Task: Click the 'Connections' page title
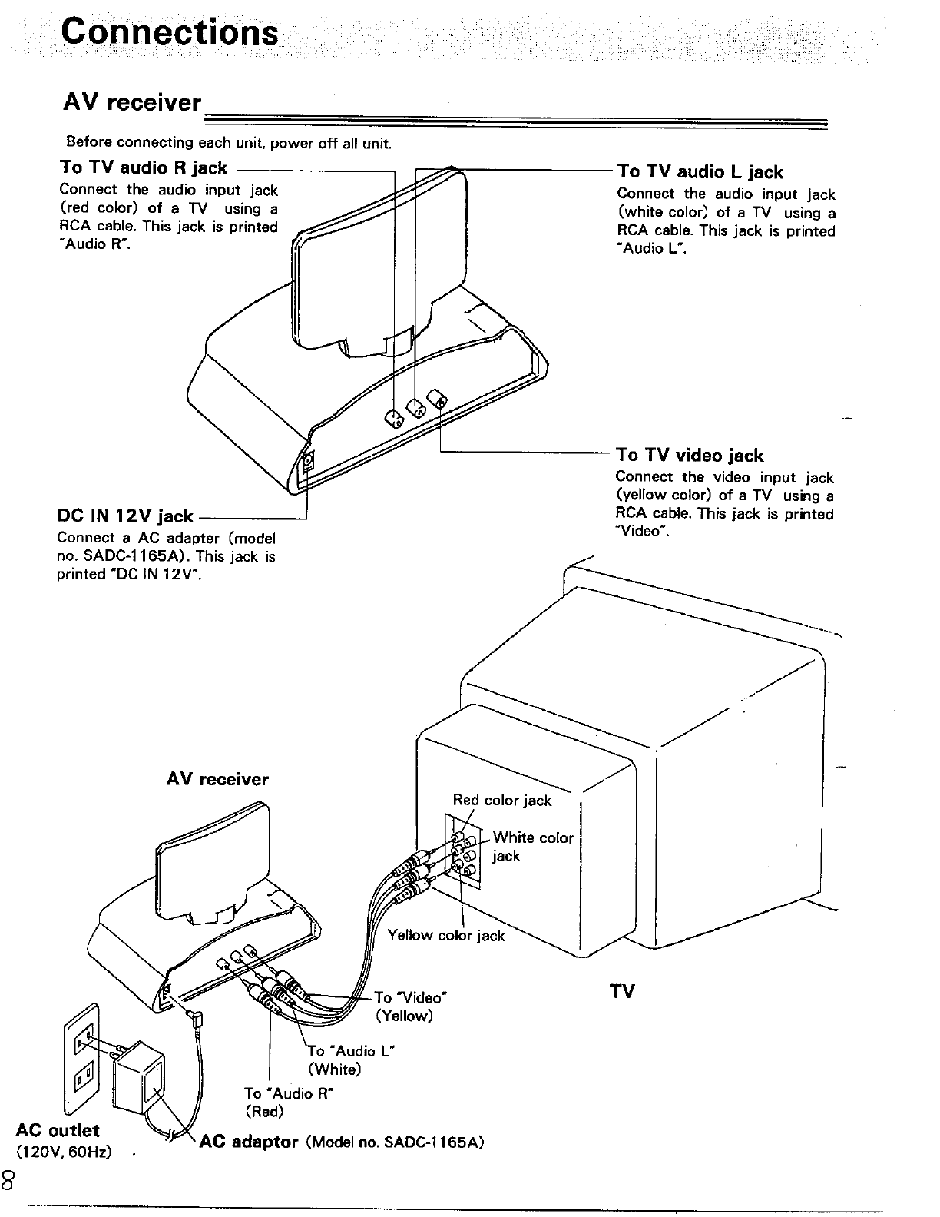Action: point(170,32)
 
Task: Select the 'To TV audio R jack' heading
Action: point(144,167)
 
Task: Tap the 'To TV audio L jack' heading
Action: point(700,172)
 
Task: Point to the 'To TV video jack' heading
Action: point(690,456)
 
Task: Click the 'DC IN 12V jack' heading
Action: point(125,516)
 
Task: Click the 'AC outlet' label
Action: point(58,1130)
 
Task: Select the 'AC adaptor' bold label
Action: point(248,1141)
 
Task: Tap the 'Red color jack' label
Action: point(502,801)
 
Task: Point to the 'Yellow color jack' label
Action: point(446,935)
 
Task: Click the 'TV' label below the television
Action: point(622,991)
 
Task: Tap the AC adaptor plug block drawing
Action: point(139,1075)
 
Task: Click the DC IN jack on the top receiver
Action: point(308,462)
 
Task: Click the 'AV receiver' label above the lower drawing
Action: point(217,780)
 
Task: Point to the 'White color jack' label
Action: point(533,846)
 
